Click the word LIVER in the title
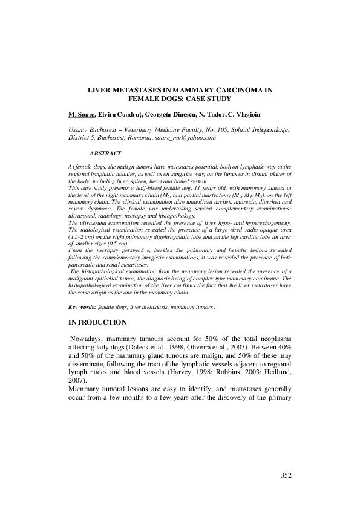[x=100, y=89]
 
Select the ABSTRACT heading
[x=105, y=154]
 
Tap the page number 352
[x=286, y=475]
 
